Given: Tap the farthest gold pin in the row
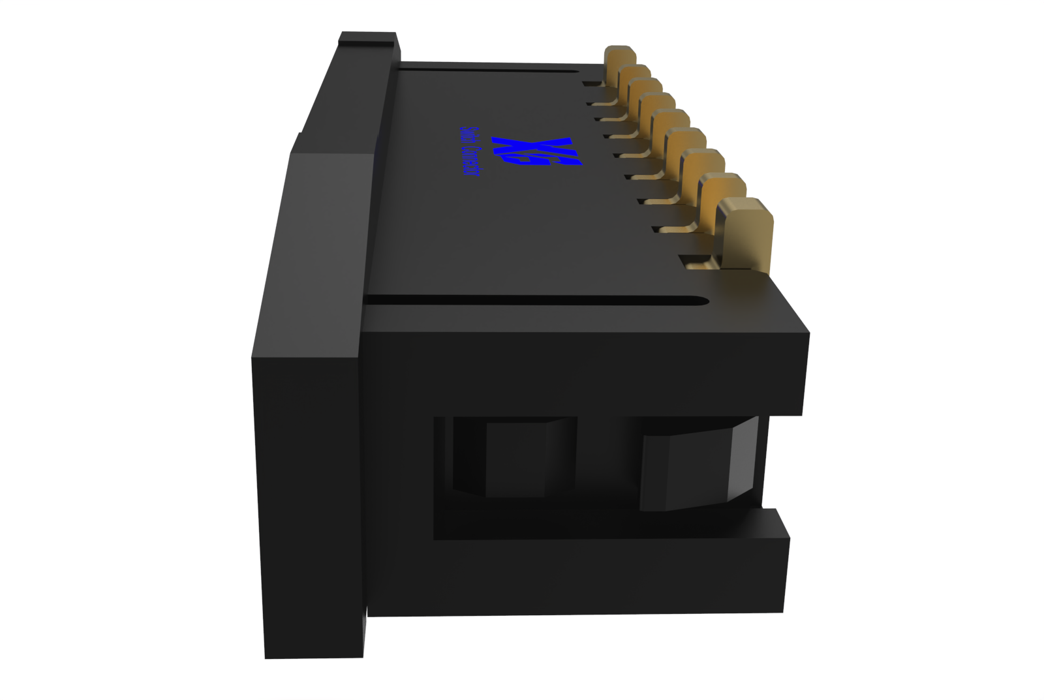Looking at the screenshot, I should (619, 62).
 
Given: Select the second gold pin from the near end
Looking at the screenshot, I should (724, 196).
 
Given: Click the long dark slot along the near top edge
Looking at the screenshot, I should (535, 301).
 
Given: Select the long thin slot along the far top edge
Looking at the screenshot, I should (489, 68).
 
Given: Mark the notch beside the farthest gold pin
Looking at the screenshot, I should (591, 84).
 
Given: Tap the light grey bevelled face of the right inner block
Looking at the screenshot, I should (744, 460).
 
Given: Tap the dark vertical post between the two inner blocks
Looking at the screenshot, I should (607, 457).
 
